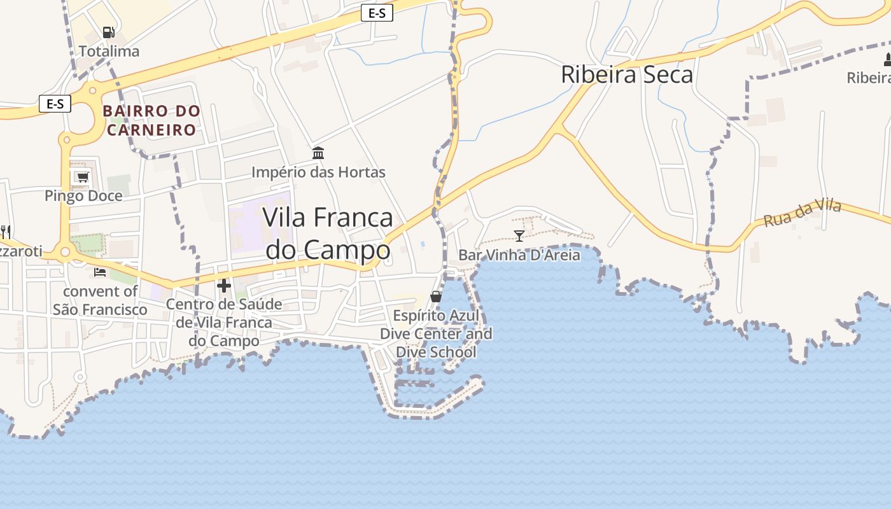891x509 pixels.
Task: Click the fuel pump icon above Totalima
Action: pos(108,32)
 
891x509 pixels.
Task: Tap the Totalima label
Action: pos(109,51)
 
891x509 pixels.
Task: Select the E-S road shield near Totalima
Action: pos(377,13)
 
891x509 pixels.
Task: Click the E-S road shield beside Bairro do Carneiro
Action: pos(55,104)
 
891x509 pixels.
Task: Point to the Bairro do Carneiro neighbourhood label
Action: pos(151,120)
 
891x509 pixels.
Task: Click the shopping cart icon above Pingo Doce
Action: pos(82,177)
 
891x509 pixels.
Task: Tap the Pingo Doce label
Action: pos(83,196)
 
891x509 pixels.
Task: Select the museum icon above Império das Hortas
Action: pos(318,153)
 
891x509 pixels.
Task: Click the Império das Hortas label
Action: pos(318,172)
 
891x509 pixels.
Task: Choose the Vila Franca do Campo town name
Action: pos(328,234)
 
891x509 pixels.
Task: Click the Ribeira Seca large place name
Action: pos(626,74)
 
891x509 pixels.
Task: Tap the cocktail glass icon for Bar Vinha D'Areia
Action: pos(519,236)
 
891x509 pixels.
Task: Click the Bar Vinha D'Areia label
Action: pos(519,255)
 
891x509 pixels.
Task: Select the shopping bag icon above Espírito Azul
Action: pos(436,296)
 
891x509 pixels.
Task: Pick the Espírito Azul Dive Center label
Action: pos(436,333)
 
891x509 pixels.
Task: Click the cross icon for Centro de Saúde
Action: pos(223,286)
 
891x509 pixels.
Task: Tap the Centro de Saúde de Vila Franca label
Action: pos(223,322)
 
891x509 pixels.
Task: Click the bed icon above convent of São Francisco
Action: pos(100,272)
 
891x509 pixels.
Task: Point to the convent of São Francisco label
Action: pos(100,300)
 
